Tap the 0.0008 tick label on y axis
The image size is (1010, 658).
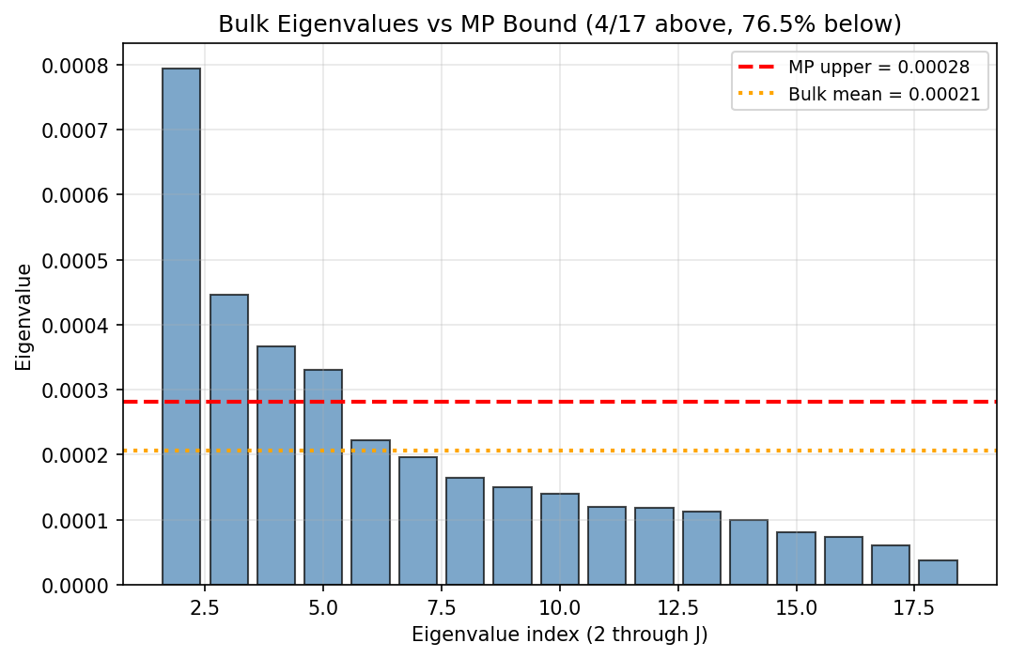point(75,66)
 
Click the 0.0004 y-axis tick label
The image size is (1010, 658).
point(75,326)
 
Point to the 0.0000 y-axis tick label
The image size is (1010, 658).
point(75,586)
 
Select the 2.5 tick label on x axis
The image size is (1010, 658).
point(205,607)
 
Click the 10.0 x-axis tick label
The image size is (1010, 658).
point(560,607)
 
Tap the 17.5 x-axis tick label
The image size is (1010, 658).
point(914,607)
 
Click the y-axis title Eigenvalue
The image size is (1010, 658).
point(23,317)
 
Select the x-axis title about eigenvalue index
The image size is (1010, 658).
point(559,635)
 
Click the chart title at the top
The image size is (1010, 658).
point(559,24)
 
